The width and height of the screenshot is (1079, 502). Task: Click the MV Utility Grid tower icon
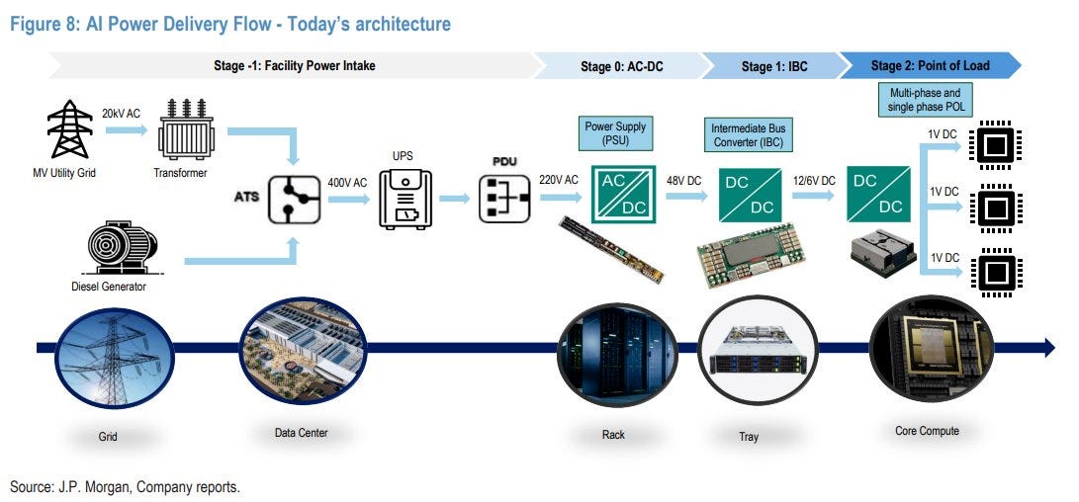[69, 129]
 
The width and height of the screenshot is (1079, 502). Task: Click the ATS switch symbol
[294, 200]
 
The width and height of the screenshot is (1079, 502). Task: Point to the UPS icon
[405, 200]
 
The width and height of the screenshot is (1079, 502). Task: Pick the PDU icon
[505, 199]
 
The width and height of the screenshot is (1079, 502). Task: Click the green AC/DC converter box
[623, 195]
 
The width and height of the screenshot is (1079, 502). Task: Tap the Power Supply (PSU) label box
[615, 132]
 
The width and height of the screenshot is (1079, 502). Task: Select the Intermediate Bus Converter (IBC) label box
[748, 134]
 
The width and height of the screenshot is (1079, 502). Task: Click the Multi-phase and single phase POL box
[925, 99]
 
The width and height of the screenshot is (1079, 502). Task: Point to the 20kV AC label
[121, 114]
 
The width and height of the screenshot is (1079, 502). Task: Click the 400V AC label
[347, 184]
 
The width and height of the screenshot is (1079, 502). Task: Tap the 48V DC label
[684, 181]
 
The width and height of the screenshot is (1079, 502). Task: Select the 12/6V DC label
[813, 181]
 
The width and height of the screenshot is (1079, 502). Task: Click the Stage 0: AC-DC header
[621, 67]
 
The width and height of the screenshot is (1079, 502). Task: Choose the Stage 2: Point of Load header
[930, 66]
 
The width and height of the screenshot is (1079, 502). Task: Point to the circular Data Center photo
[303, 351]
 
